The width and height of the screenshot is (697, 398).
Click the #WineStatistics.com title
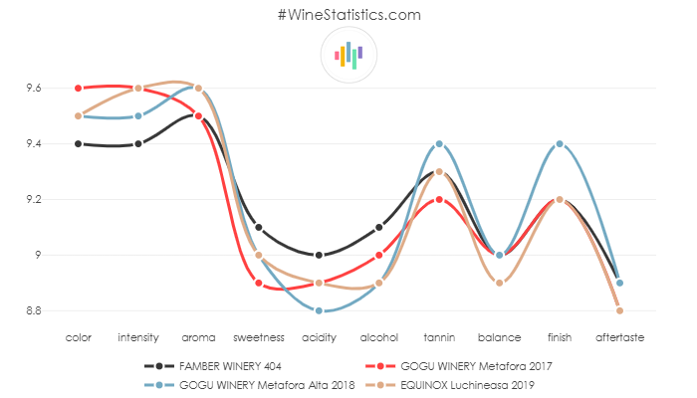point(348,15)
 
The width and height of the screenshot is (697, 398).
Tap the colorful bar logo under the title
point(348,55)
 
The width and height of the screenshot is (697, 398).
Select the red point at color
point(78,88)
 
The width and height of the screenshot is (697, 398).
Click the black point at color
point(78,143)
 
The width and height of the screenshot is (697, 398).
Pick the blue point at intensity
point(138,115)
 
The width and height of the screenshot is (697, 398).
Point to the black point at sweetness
point(259,227)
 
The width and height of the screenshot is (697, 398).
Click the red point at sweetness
point(259,283)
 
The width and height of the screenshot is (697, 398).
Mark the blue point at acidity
point(319,310)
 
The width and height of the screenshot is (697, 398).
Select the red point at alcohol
point(379,255)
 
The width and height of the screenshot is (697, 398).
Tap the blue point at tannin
point(439,143)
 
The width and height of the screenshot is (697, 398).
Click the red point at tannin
point(439,199)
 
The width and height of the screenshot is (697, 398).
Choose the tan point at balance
point(500,283)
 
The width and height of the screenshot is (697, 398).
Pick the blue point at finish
point(560,143)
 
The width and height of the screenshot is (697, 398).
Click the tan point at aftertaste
point(619,310)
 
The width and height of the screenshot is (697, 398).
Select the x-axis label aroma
point(198,338)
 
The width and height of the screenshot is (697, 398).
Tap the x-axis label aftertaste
point(619,338)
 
